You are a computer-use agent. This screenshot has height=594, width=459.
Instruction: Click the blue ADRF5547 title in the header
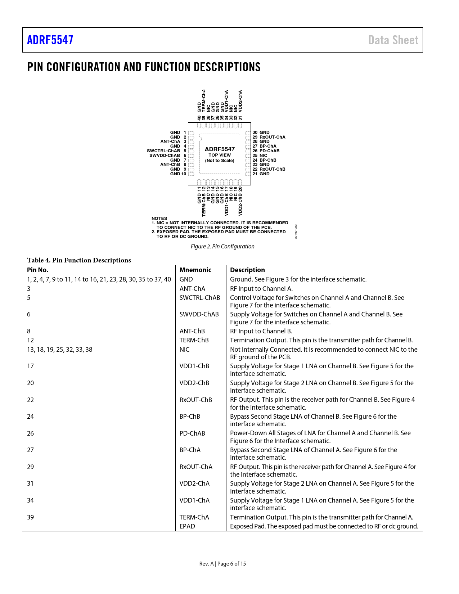coord(50,40)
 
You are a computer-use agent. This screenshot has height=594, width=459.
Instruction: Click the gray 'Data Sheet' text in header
coord(393,40)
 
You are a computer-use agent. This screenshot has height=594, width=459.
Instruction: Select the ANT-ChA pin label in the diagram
coord(170,141)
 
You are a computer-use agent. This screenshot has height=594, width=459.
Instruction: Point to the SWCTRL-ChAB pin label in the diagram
coord(163,151)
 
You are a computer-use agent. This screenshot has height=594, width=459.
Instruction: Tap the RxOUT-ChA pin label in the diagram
coord(272,137)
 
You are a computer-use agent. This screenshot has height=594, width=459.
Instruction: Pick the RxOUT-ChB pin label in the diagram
coord(272,169)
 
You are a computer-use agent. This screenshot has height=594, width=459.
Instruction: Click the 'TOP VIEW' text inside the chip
coord(220,155)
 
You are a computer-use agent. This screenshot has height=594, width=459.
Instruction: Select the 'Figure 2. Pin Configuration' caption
coord(222,246)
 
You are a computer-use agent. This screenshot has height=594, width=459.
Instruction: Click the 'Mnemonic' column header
coord(195,270)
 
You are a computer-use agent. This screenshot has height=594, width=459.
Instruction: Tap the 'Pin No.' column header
coord(38,270)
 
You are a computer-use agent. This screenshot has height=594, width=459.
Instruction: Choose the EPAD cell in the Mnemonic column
coord(187,526)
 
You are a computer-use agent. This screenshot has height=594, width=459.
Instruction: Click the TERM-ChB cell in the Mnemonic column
coord(194,340)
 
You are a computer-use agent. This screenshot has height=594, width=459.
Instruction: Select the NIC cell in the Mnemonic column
coord(184,350)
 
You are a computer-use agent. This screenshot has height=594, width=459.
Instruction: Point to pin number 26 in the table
coord(31,433)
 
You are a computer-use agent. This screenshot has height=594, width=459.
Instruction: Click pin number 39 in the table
coord(31,517)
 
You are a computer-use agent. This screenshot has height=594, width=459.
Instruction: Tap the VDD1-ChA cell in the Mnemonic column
coord(194,500)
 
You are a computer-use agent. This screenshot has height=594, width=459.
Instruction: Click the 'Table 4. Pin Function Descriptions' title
coord(79,260)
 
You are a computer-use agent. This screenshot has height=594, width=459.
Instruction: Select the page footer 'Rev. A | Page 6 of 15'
coord(222,564)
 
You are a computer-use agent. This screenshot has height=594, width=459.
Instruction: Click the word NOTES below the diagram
coord(159,219)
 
